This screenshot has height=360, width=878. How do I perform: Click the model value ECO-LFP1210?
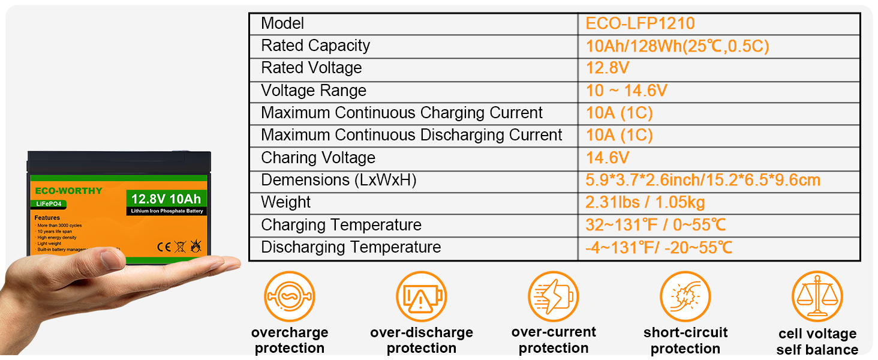(x=640, y=23)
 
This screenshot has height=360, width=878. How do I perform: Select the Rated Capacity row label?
(x=315, y=46)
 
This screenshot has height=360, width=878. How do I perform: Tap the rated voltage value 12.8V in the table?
(x=608, y=68)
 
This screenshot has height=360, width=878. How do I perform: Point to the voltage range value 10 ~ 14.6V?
(x=626, y=91)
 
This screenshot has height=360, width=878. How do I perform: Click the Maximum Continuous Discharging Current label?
(x=411, y=135)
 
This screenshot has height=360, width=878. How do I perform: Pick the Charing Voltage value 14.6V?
(x=608, y=158)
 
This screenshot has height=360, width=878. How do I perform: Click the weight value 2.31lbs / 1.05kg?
(x=645, y=202)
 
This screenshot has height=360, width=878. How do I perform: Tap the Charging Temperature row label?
(x=341, y=225)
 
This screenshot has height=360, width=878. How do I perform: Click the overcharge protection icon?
(x=289, y=296)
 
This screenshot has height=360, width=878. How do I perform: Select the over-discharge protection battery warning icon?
(x=421, y=296)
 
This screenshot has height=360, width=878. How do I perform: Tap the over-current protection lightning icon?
(x=553, y=296)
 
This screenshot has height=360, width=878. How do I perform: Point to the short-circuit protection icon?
(x=685, y=296)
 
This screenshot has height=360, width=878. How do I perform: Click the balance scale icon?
(x=817, y=296)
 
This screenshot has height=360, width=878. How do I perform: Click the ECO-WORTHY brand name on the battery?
(x=68, y=191)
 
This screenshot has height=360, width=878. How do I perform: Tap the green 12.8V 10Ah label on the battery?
(x=166, y=199)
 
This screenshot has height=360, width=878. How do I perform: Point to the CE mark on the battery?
(x=164, y=246)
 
